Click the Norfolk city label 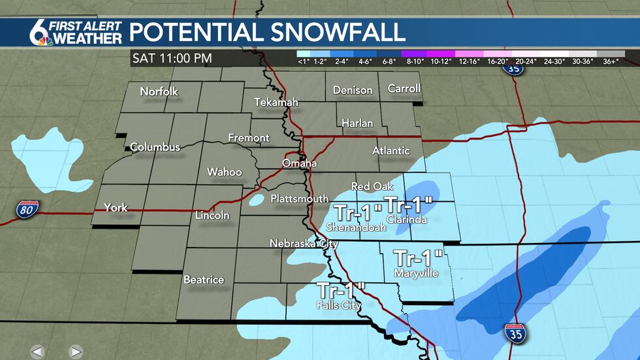coord(159,92)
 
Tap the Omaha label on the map coord(299,163)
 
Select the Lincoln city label coord(213,215)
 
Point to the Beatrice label coord(204,280)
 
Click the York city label coord(116,208)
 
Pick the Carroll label coord(404,88)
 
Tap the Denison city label coord(353,90)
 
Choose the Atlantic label coord(391,150)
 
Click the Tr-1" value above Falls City coord(341,291)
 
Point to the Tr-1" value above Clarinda coord(409,204)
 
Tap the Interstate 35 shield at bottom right coord(516,333)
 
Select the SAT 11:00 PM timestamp coord(172,58)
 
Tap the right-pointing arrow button coord(75,352)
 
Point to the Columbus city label coord(155,147)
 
